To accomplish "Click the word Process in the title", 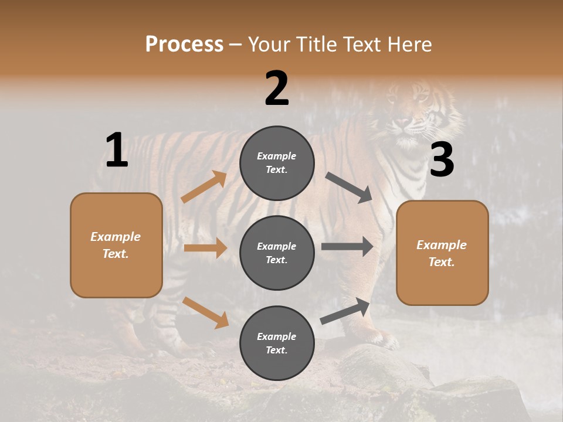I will (184, 45).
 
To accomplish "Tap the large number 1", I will (117, 150).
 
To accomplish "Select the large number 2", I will (277, 89).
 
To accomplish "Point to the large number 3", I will (442, 160).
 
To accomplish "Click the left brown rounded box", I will (116, 245).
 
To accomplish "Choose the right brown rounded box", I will (442, 253).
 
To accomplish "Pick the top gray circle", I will (277, 163).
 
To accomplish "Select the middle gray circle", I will (277, 253).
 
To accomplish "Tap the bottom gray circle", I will (277, 343).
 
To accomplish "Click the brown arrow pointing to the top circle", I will (204, 187).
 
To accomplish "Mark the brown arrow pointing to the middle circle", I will (205, 248).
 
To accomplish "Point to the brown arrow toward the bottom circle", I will (205, 312).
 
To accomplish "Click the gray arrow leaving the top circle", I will (350, 188).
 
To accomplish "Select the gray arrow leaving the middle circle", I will (347, 247).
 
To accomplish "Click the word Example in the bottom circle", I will (277, 336).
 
